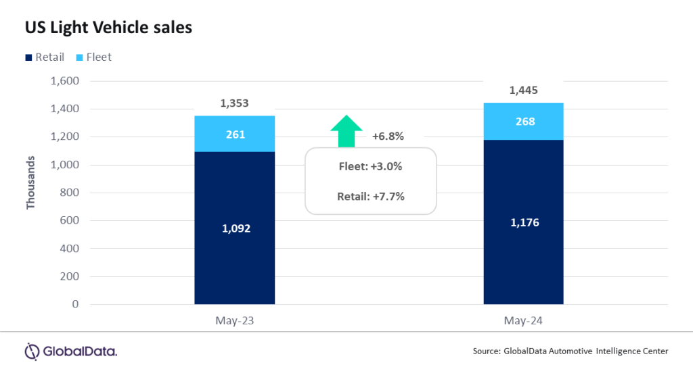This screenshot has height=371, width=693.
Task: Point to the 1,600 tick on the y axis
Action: pyautogui.click(x=65, y=81)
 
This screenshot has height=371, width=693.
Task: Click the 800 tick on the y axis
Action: pyautogui.click(x=70, y=193)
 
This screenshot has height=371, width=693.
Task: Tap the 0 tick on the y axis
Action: pyautogui.click(x=76, y=304)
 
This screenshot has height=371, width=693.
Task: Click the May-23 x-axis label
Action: pyautogui.click(x=234, y=322)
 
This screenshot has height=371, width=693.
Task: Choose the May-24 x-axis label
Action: pyautogui.click(x=523, y=322)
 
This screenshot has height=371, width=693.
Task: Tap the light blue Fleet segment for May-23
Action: pyautogui.click(x=234, y=134)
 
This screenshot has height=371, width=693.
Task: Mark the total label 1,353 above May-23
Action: pyautogui.click(x=234, y=103)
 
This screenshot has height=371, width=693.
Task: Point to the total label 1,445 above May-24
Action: pyautogui.click(x=523, y=91)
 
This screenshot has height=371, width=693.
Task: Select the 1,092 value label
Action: pyautogui.click(x=234, y=228)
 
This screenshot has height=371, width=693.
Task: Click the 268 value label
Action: pyautogui.click(x=523, y=122)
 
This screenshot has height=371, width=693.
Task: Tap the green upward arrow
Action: pyautogui.click(x=346, y=130)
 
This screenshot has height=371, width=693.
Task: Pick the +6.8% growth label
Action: pyautogui.click(x=388, y=137)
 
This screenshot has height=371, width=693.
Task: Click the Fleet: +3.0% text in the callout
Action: pyautogui.click(x=370, y=167)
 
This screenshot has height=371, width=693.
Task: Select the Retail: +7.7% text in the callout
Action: pyautogui.click(x=370, y=197)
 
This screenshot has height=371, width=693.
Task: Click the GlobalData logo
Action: pyautogui.click(x=70, y=351)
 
